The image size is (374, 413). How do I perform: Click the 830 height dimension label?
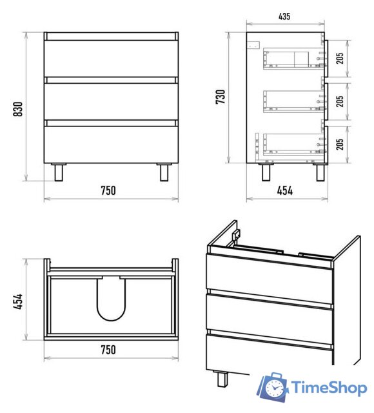click(x=18, y=109)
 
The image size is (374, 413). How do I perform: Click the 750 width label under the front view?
click(x=108, y=190)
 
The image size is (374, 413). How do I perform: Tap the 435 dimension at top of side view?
click(x=284, y=16)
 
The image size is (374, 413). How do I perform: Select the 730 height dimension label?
click(x=221, y=97)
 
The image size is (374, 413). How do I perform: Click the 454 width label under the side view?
click(x=285, y=190)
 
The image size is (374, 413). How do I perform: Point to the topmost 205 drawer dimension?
click(x=340, y=58)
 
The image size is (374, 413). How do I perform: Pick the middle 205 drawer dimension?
click(x=340, y=101)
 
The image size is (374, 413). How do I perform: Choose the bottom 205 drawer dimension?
click(x=340, y=144)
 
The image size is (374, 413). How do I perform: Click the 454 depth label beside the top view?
click(x=19, y=301)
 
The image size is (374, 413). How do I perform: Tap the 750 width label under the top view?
click(x=108, y=350)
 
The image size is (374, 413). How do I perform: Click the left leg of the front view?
click(x=59, y=172)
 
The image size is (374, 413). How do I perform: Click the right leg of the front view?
click(x=164, y=172)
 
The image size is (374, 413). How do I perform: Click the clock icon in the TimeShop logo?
click(x=275, y=387)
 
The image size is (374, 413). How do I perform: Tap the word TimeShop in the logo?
click(x=329, y=388)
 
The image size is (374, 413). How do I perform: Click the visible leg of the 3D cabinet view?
click(x=222, y=378)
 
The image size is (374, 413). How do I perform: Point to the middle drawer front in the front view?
click(x=112, y=102)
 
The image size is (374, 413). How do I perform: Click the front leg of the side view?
click(x=320, y=172)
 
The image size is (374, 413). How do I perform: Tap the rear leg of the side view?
click(x=266, y=172)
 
